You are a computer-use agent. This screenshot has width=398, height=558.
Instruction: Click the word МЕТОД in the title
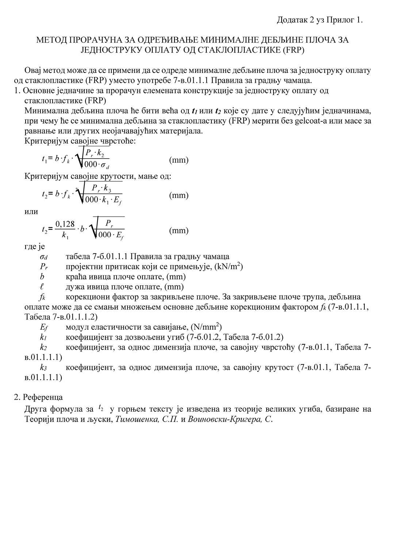(51, 40)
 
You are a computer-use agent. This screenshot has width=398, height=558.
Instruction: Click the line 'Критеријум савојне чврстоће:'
(80, 141)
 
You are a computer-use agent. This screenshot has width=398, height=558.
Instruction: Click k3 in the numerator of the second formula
(107, 189)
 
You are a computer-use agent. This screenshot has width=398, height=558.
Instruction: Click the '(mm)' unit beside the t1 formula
(179, 160)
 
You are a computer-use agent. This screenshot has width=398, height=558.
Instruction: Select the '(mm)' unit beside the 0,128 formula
(179, 230)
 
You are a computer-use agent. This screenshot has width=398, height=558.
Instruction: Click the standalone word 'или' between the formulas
(31, 212)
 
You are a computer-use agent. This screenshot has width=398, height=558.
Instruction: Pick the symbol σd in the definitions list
(43, 257)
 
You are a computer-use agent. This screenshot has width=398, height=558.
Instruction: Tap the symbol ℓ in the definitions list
(42, 287)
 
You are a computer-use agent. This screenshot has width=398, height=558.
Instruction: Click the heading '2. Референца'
(38, 397)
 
